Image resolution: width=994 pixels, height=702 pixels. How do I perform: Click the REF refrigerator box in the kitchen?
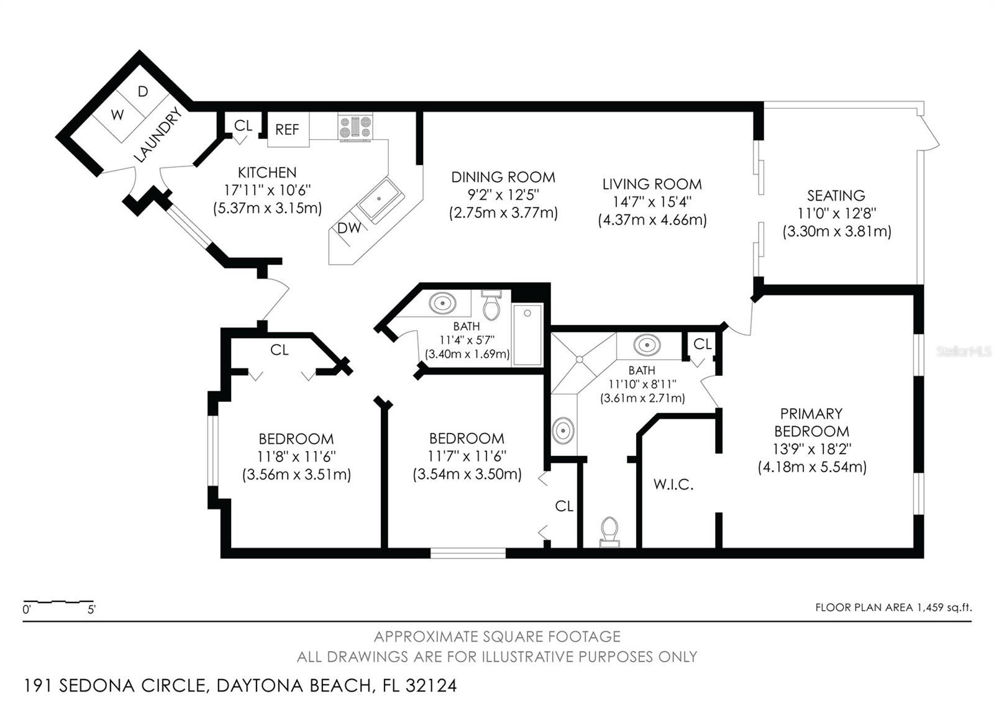(288, 129)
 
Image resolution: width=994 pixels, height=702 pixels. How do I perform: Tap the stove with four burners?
(355, 127)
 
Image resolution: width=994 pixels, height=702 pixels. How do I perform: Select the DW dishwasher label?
(349, 228)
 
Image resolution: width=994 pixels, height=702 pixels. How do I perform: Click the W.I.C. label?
(673, 484)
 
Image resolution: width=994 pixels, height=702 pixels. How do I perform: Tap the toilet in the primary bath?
(609, 532)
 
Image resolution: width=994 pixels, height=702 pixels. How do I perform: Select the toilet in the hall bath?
(491, 305)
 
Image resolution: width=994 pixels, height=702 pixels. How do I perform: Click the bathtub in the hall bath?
(527, 335)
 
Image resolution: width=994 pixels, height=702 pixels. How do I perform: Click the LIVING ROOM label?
(652, 184)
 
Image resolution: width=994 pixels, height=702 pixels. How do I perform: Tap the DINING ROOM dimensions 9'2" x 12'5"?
(503, 195)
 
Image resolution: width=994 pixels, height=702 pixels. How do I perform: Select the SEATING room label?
(836, 196)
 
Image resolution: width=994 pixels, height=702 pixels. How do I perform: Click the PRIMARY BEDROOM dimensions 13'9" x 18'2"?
(811, 449)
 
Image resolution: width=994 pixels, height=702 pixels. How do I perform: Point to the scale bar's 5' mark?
(91, 609)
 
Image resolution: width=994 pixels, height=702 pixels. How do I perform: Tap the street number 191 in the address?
(38, 685)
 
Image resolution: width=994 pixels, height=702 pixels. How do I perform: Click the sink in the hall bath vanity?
(442, 304)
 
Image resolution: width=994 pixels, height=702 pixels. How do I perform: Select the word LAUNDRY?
(158, 135)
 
